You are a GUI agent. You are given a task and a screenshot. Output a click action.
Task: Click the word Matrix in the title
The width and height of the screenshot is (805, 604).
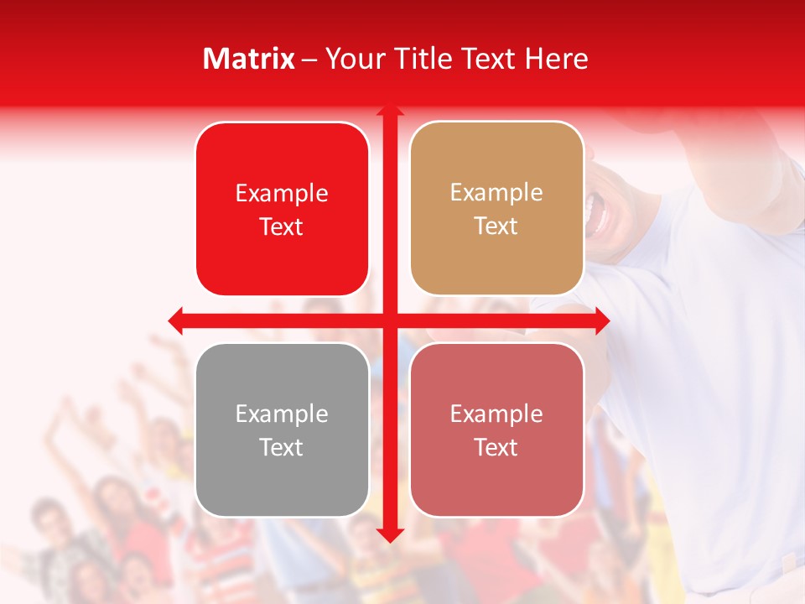tap(249, 59)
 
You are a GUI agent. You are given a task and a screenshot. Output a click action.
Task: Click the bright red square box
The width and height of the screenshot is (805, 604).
tap(282, 209)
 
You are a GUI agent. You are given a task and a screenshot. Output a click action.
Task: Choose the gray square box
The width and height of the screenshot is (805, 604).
tap(282, 430)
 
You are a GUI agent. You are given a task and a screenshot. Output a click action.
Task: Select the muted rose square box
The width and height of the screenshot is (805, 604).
tap(496, 430)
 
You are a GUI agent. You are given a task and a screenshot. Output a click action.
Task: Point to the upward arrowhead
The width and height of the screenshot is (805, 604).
tap(389, 110)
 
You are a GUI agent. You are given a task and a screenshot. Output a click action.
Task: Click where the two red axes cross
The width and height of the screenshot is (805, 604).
tap(389, 320)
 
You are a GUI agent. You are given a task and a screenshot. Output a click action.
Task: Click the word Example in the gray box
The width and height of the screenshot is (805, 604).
tap(282, 414)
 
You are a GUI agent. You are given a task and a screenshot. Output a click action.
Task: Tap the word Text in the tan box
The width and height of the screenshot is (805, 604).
tap(496, 226)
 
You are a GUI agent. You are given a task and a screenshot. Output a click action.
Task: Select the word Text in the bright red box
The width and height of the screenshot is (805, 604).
tap(282, 226)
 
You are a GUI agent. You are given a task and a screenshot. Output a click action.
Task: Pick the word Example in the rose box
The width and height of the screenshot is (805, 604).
tap(496, 414)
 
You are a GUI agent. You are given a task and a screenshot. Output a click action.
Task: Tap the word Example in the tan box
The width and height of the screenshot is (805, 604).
tap(496, 192)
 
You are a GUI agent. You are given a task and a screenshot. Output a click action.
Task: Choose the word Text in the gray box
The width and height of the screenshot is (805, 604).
tap(282, 447)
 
